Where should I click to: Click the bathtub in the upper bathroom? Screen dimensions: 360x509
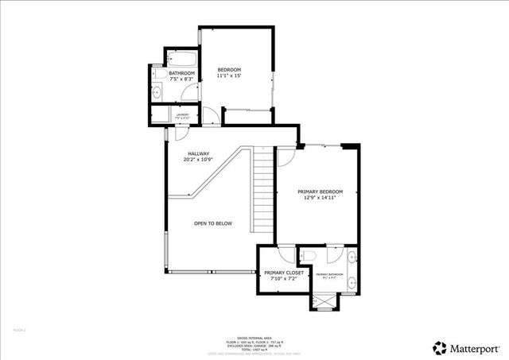(x=181, y=59)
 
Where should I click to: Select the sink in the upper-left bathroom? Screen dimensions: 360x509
(x=157, y=93)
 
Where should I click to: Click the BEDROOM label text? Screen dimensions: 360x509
(x=229, y=71)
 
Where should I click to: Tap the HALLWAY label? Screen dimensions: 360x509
(x=198, y=153)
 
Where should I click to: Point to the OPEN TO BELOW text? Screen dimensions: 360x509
(x=213, y=224)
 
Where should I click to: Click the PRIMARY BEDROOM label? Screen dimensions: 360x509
(x=320, y=192)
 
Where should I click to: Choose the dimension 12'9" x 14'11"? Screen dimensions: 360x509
(x=320, y=199)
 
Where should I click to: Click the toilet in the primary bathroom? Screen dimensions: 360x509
(x=311, y=255)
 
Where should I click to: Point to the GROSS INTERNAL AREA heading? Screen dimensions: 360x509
(x=254, y=338)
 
